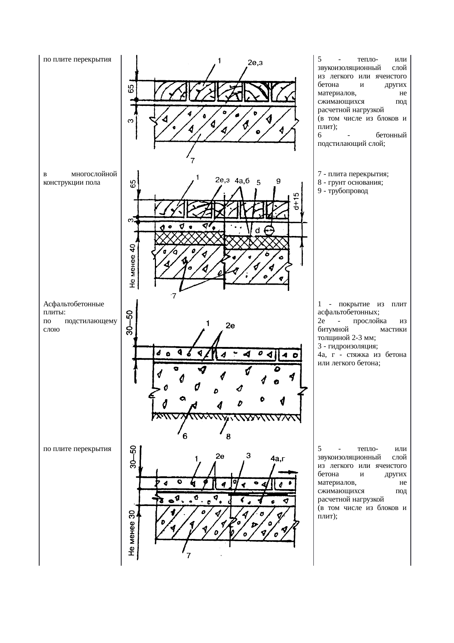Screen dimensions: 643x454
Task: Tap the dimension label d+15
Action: [x=297, y=201]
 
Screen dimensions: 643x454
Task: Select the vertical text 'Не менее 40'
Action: [x=133, y=266]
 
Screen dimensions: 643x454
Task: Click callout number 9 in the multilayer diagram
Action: [x=278, y=181]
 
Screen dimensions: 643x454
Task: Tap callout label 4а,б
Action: [x=242, y=181]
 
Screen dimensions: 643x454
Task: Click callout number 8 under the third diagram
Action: [x=228, y=436]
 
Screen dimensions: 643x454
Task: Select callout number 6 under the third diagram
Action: [x=185, y=436]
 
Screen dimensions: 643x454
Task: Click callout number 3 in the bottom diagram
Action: [x=248, y=456]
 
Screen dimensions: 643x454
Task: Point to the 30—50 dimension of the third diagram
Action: [x=130, y=322]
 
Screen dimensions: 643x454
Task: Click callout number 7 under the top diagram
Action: [x=192, y=160]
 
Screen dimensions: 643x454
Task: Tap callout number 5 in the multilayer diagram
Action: [x=258, y=182]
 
